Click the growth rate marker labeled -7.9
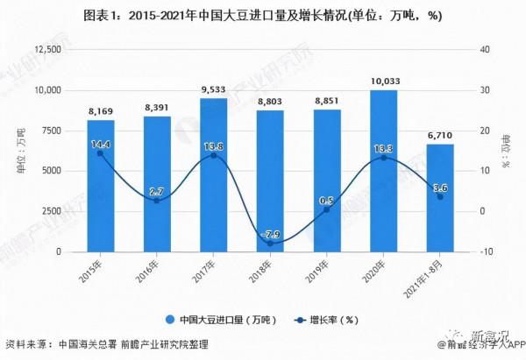[x=270, y=244]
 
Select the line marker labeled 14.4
[x=100, y=153]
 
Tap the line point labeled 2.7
[x=157, y=201]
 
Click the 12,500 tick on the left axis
[x=42, y=50]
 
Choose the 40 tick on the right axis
[x=484, y=50]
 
